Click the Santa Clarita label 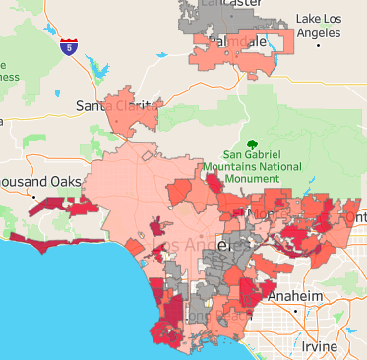113,105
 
